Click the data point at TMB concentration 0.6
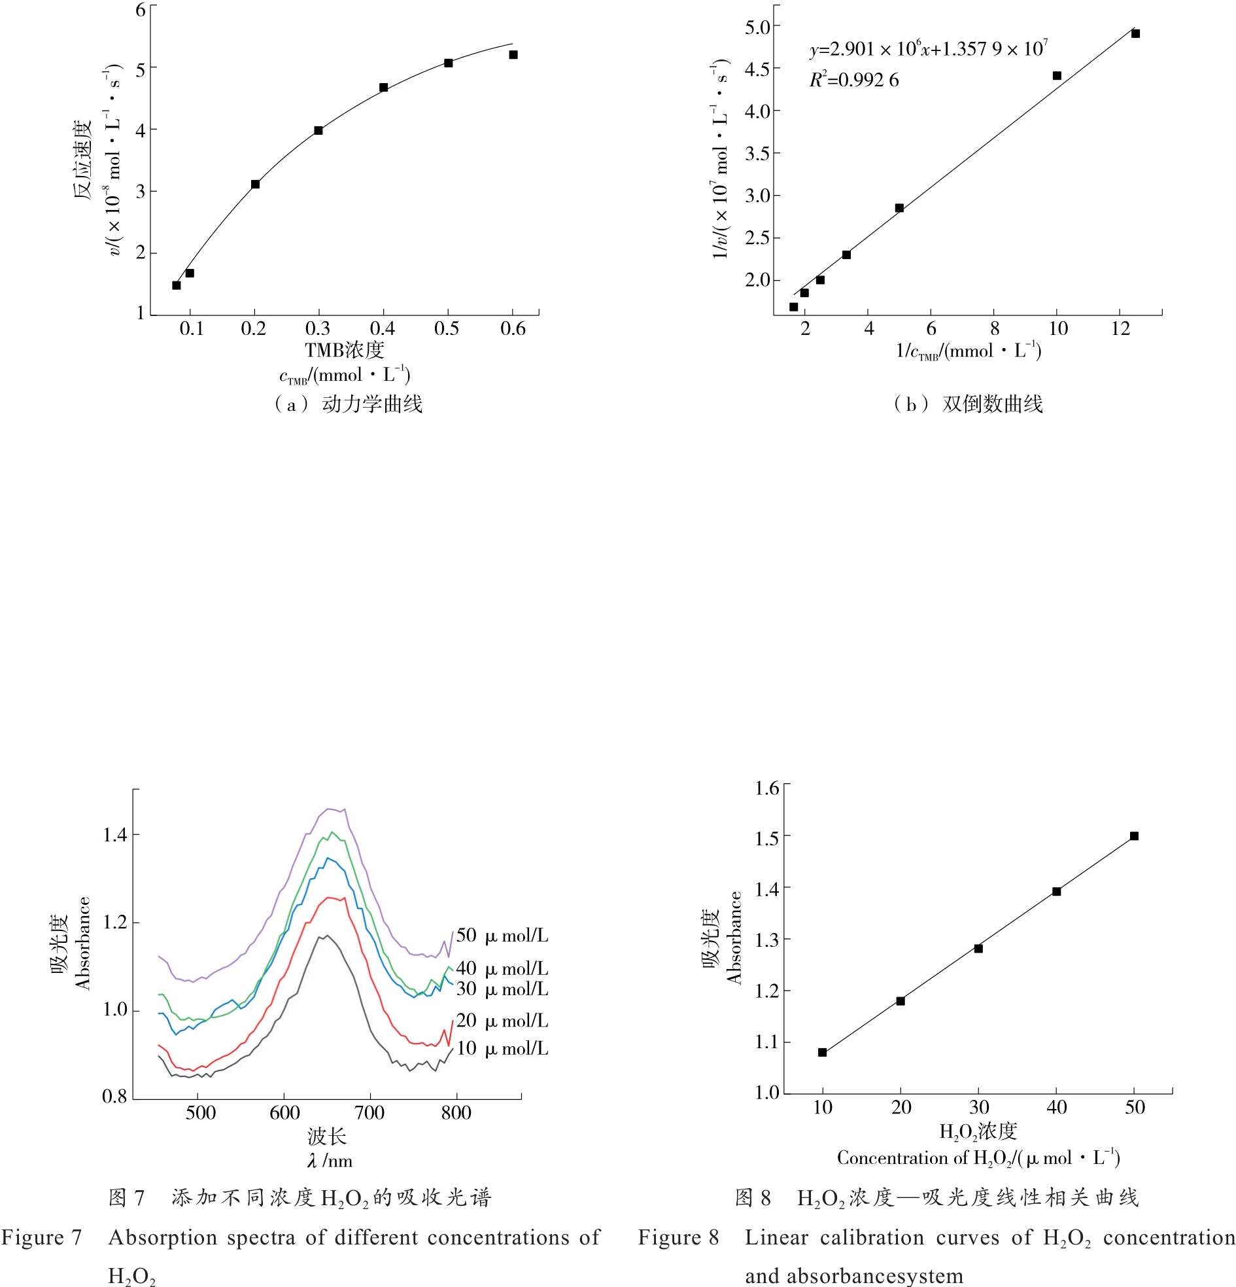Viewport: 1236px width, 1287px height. (x=513, y=54)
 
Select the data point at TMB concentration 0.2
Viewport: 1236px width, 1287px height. (x=255, y=185)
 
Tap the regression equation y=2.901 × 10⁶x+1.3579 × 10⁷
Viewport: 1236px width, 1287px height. (x=928, y=49)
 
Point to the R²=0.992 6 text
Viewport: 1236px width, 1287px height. (x=854, y=80)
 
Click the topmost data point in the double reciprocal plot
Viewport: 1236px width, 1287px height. (x=1135, y=33)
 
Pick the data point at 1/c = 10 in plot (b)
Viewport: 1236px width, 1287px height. (x=1057, y=75)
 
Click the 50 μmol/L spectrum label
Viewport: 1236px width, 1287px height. (x=502, y=936)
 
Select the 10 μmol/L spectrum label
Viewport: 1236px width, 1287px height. (x=502, y=1049)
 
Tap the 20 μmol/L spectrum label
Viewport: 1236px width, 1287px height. (x=502, y=1021)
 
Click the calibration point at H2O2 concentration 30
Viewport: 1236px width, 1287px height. (x=978, y=948)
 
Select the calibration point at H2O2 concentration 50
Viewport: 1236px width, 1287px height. (x=1134, y=836)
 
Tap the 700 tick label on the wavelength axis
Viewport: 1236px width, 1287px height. (x=369, y=1113)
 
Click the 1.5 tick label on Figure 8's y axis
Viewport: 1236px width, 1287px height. (x=766, y=839)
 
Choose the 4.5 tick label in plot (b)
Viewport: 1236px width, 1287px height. (x=757, y=69)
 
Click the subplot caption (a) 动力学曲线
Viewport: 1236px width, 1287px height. (x=348, y=404)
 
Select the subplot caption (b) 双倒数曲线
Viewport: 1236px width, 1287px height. (x=968, y=404)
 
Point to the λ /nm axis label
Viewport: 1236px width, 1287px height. (x=330, y=1161)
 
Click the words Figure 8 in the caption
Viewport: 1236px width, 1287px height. (x=678, y=1238)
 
